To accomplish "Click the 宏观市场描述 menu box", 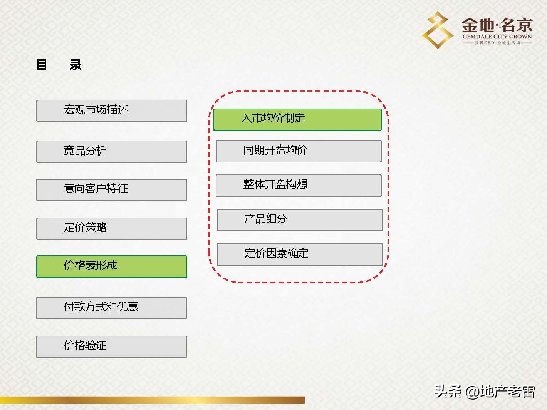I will (112, 111).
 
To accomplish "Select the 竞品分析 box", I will (112, 151).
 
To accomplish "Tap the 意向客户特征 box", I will (112, 189).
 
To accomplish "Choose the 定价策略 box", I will (112, 228).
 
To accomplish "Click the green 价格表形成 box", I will (112, 266).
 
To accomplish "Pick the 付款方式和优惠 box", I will (112, 308).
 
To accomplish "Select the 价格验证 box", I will (112, 346).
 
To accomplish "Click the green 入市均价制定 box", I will (297, 119).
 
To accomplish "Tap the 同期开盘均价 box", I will (299, 151).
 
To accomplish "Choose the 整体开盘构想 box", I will (299, 185).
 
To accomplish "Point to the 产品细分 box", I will (300, 220).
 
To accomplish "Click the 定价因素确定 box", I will (300, 254).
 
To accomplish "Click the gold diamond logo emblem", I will (438, 30).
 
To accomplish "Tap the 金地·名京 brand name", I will (497, 25).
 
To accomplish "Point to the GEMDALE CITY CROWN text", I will (497, 37).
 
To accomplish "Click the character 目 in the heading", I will (42, 65).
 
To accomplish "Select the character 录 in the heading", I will (76, 65).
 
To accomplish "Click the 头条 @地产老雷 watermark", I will (485, 392).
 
